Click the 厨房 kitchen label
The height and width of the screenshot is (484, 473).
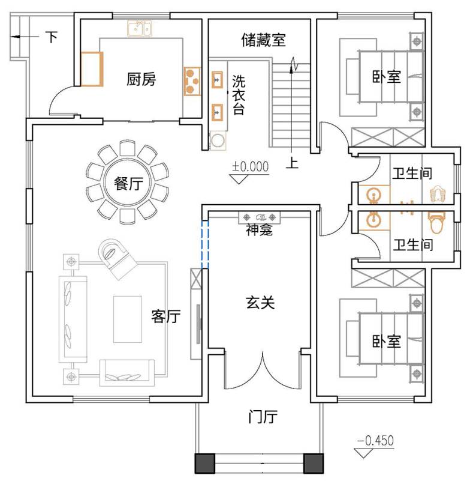[x=141, y=79]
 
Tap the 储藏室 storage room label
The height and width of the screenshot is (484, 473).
[x=263, y=40]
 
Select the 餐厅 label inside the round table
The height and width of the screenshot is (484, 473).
[x=128, y=183]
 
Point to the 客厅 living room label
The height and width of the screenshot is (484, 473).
[x=166, y=316]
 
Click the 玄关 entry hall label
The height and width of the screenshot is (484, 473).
[x=260, y=302]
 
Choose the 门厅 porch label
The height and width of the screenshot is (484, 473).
[x=263, y=416]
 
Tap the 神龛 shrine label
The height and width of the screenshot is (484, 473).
[x=259, y=229]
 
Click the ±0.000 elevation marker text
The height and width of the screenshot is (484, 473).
[x=250, y=167]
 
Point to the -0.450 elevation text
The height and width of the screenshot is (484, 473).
[x=376, y=441]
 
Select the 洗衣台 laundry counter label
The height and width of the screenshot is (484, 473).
[x=239, y=95]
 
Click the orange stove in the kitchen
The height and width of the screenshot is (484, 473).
[x=192, y=82]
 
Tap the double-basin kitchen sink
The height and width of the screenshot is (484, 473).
[x=140, y=29]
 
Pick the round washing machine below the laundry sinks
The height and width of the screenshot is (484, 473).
[x=218, y=141]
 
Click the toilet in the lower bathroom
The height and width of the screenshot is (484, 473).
[x=436, y=223]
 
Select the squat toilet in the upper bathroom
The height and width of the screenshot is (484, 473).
[x=438, y=194]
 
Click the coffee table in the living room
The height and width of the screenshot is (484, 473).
[x=128, y=319]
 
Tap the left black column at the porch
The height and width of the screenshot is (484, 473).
[x=204, y=464]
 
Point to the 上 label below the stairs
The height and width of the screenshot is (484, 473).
[x=292, y=162]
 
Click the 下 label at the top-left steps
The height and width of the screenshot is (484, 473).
[x=52, y=37]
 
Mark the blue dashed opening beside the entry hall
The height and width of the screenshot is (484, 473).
[x=205, y=244]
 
